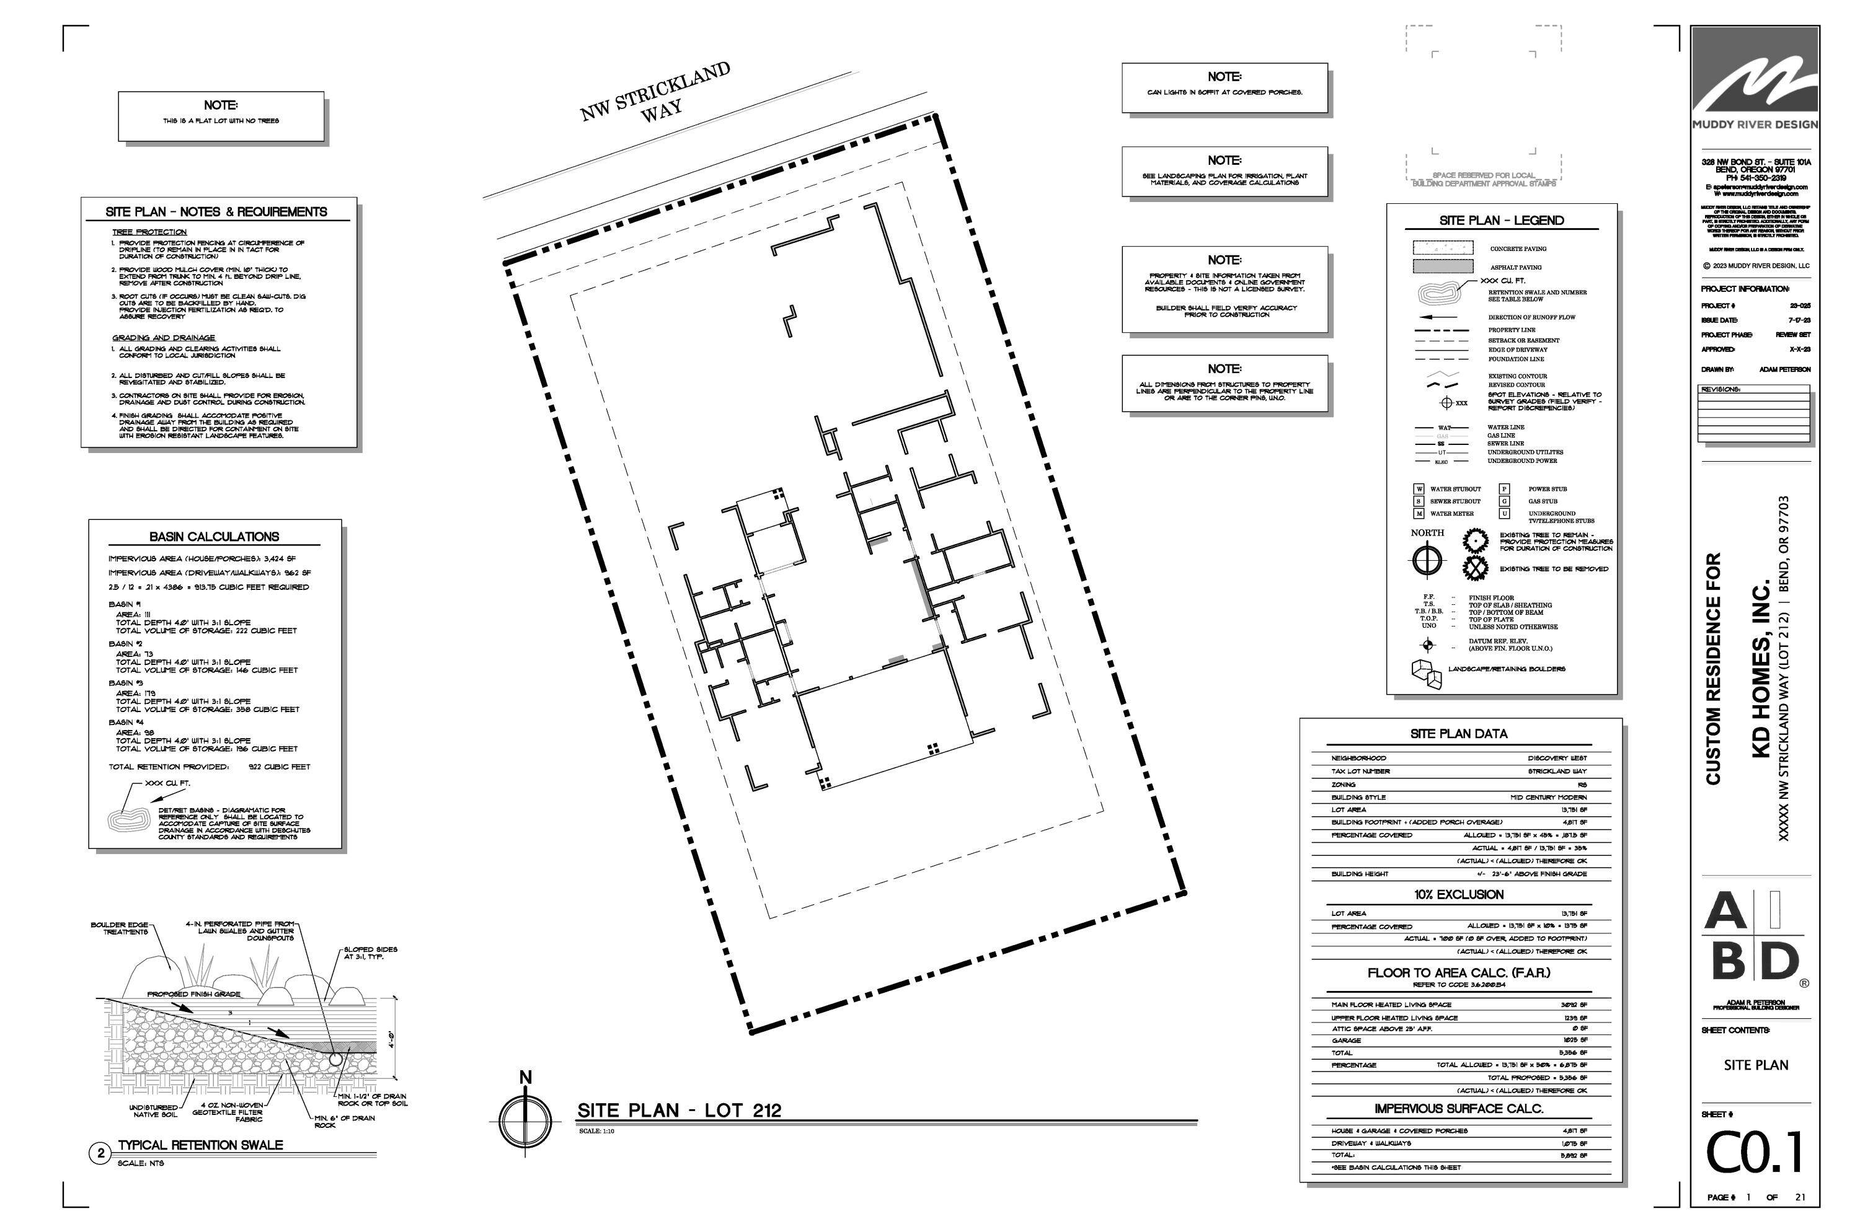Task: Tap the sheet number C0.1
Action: pos(1755,1153)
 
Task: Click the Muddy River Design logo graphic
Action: pos(1755,82)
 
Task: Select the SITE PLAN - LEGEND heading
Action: pos(1502,221)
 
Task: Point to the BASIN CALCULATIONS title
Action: pos(214,537)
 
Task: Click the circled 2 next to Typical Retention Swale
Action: pos(100,1153)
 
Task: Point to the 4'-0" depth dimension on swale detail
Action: pos(391,1039)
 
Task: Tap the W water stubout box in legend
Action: pos(1419,489)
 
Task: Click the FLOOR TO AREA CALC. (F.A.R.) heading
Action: pos(1458,973)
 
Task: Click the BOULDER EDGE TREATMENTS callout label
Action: pos(120,928)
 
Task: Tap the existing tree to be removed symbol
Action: pos(1475,568)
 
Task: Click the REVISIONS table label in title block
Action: pos(1720,390)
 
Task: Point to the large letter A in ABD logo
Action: pos(1725,912)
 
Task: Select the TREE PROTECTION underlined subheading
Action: pos(149,232)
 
